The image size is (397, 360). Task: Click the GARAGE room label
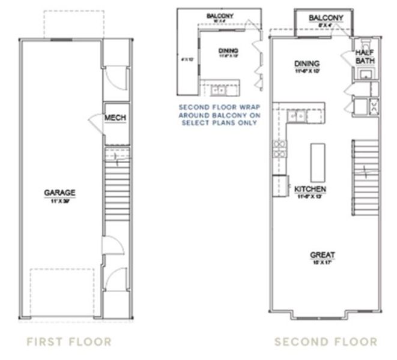coord(59,193)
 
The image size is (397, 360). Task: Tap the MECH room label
coord(115,118)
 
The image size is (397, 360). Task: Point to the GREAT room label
coord(323,254)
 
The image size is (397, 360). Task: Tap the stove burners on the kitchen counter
coord(279,148)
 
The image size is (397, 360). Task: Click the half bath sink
coord(365,75)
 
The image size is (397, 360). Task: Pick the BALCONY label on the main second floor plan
coord(326,18)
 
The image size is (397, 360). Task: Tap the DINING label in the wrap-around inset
coord(228,50)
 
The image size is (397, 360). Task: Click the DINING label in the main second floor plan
coord(306,64)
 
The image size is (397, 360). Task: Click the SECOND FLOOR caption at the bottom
coord(326,342)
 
